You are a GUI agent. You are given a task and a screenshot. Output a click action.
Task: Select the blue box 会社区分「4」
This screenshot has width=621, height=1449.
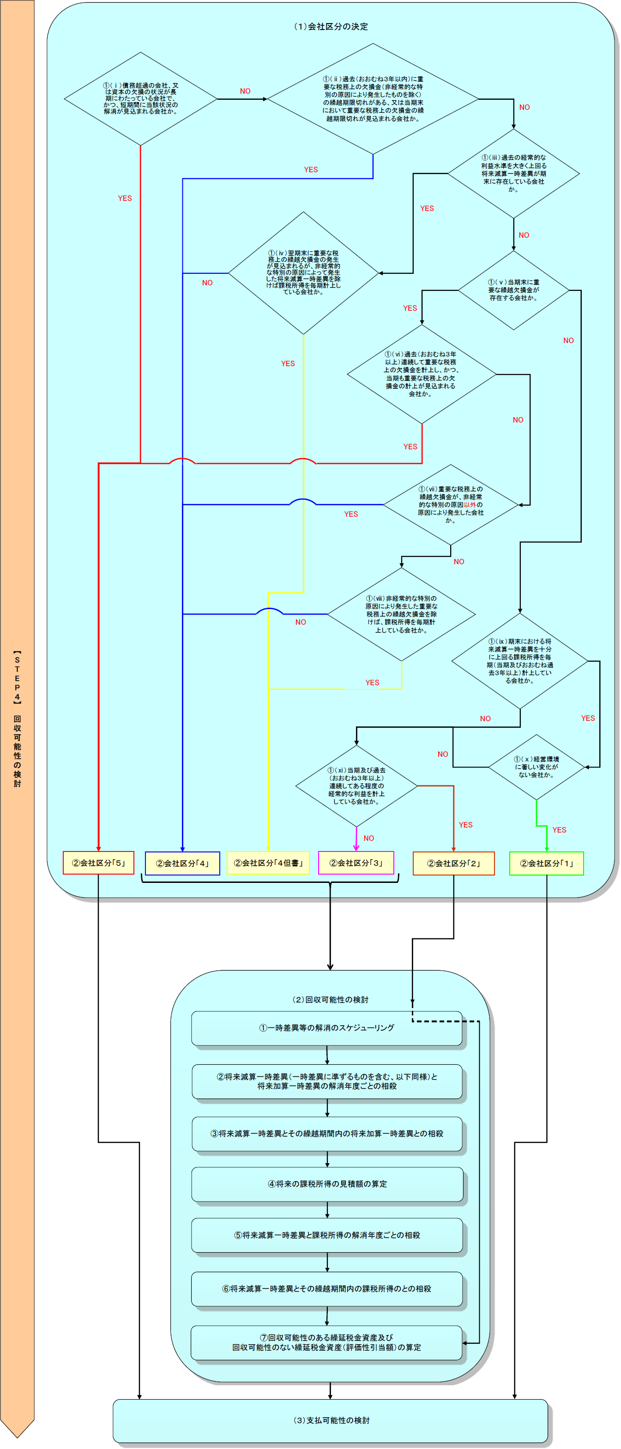click(182, 863)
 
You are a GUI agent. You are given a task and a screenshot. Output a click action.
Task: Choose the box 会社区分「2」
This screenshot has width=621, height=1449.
click(453, 863)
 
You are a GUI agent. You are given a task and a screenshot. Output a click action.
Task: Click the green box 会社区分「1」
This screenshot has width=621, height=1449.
click(546, 863)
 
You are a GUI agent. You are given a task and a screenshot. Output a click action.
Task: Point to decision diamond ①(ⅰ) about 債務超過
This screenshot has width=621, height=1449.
click(141, 98)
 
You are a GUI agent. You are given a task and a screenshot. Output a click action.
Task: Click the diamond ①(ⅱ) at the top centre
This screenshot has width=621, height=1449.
click(373, 98)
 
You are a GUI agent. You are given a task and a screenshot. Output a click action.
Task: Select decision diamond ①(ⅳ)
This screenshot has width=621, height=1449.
click(303, 273)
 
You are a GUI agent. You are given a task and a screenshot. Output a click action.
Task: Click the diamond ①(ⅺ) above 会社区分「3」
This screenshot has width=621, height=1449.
click(356, 785)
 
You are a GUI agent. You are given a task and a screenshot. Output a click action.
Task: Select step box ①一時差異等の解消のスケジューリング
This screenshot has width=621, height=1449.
click(327, 1028)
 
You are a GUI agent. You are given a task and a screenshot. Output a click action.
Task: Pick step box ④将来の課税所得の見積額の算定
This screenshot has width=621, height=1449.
click(327, 1184)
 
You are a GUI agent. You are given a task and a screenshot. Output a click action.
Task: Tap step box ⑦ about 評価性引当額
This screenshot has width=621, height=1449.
click(327, 1342)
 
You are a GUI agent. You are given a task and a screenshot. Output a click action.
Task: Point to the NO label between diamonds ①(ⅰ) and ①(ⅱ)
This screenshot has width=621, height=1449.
click(245, 91)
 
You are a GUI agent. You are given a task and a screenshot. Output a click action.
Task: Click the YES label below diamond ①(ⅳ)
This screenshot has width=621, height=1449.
click(288, 363)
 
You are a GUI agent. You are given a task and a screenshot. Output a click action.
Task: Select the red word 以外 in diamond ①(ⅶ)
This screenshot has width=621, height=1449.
click(470, 505)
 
